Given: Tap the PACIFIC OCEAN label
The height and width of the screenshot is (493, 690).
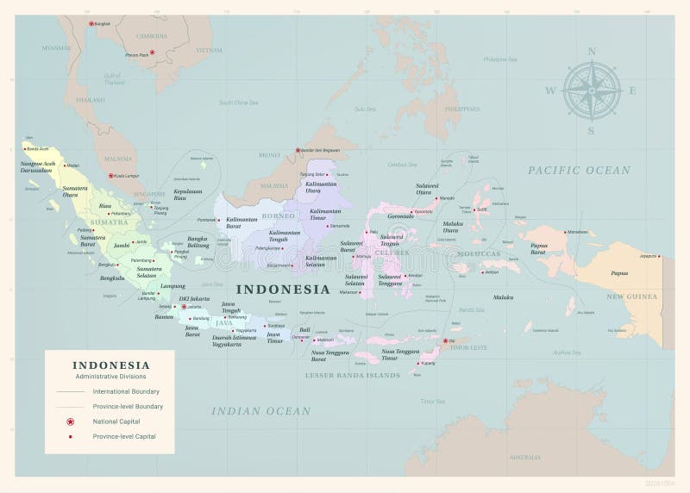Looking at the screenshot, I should point(579,171).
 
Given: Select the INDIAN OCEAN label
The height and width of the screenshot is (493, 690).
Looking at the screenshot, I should point(261,411).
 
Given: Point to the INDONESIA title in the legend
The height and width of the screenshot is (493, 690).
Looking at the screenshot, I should point(110,365).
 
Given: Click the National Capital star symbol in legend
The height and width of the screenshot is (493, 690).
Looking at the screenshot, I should point(70,421).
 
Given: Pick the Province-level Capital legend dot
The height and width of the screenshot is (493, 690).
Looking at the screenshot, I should point(70,437).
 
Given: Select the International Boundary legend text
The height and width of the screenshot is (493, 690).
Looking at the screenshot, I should point(126,391).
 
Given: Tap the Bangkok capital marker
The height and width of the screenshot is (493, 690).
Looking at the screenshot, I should point(91,23).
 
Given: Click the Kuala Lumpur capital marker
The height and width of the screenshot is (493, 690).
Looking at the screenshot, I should point(110,176).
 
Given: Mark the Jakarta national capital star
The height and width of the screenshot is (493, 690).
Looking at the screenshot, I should point(183,306).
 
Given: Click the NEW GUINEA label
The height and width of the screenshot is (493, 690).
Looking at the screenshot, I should point(631,296).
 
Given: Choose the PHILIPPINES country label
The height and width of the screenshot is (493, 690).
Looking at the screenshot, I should point(462,109).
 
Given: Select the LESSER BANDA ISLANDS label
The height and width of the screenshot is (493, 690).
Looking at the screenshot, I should point(352,376).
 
